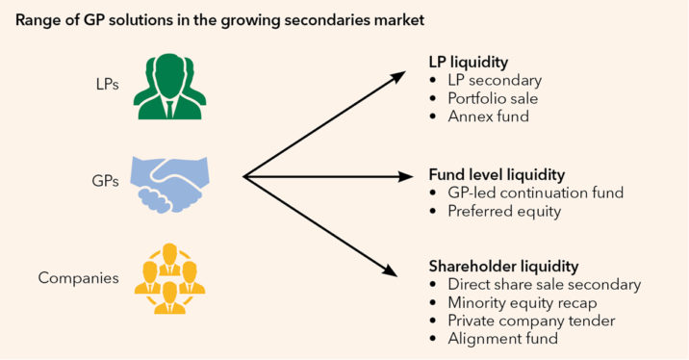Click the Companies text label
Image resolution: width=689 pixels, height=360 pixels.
pyautogui.click(x=77, y=278)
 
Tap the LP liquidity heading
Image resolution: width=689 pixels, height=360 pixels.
pyautogui.click(x=473, y=62)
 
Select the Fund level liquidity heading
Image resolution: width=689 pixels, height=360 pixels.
pyautogui.click(x=496, y=175)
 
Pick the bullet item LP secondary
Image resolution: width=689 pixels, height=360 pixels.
pyautogui.click(x=495, y=80)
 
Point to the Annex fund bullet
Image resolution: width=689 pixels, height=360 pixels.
pyautogui.click(x=488, y=116)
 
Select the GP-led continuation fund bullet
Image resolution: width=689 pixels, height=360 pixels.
pyautogui.click(x=535, y=193)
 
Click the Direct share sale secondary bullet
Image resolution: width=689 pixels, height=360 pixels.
pyautogui.click(x=544, y=284)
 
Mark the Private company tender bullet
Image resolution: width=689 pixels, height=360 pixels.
pyautogui.click(x=530, y=321)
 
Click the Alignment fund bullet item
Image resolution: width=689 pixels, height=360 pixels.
pyautogui.click(x=502, y=339)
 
